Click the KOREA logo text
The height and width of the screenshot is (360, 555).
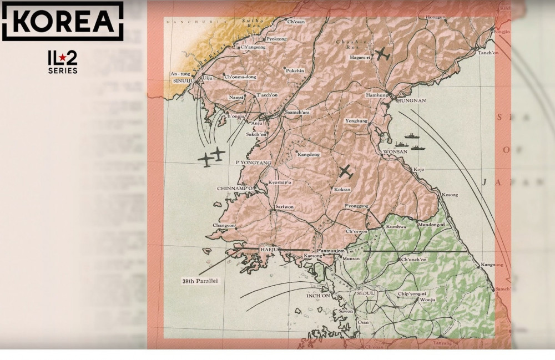[62, 21]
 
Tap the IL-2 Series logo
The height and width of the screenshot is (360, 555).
[62, 62]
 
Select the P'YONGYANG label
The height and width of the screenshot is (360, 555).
[253, 163]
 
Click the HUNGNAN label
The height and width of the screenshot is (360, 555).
[411, 100]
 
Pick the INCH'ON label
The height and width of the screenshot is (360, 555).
[318, 296]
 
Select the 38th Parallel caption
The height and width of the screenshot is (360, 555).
[200, 281]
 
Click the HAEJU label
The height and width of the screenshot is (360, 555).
[269, 251]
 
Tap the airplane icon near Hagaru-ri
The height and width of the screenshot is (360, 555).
[382, 54]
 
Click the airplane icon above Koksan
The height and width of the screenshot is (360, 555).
[346, 172]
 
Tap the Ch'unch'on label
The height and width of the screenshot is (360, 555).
[413, 259]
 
